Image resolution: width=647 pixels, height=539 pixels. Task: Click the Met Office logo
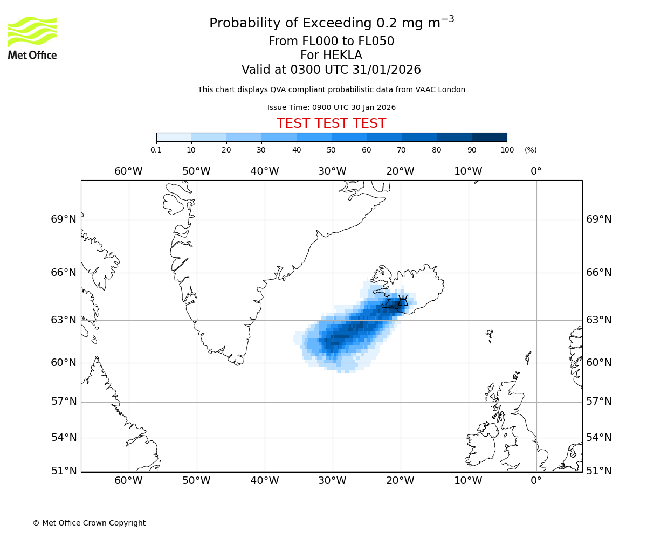tap(32, 38)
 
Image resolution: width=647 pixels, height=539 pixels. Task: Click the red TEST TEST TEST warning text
tap(331, 123)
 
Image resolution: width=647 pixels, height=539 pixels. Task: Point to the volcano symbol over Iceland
tap(402, 301)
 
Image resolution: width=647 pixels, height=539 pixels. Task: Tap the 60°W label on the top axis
tap(128, 171)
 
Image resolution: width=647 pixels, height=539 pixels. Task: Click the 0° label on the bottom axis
tap(536, 480)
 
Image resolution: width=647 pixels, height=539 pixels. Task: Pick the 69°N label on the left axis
tap(64, 219)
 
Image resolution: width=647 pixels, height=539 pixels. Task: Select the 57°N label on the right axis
tap(598, 402)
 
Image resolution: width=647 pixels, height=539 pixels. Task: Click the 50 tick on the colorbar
tap(331, 150)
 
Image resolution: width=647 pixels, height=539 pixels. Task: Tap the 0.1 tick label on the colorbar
tap(156, 150)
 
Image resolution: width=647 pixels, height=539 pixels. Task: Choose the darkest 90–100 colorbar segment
tap(489, 137)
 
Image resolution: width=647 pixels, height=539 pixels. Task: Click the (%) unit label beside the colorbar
tap(531, 150)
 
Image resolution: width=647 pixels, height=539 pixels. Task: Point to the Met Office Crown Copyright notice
tap(89, 523)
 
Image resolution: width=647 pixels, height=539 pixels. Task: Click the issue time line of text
tap(331, 107)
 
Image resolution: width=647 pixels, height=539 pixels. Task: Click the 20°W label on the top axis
tap(400, 171)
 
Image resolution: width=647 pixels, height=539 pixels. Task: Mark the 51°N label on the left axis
tap(64, 471)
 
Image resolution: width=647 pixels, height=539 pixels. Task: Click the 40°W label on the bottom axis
tap(264, 480)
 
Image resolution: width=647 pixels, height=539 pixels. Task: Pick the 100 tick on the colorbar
tap(507, 150)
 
